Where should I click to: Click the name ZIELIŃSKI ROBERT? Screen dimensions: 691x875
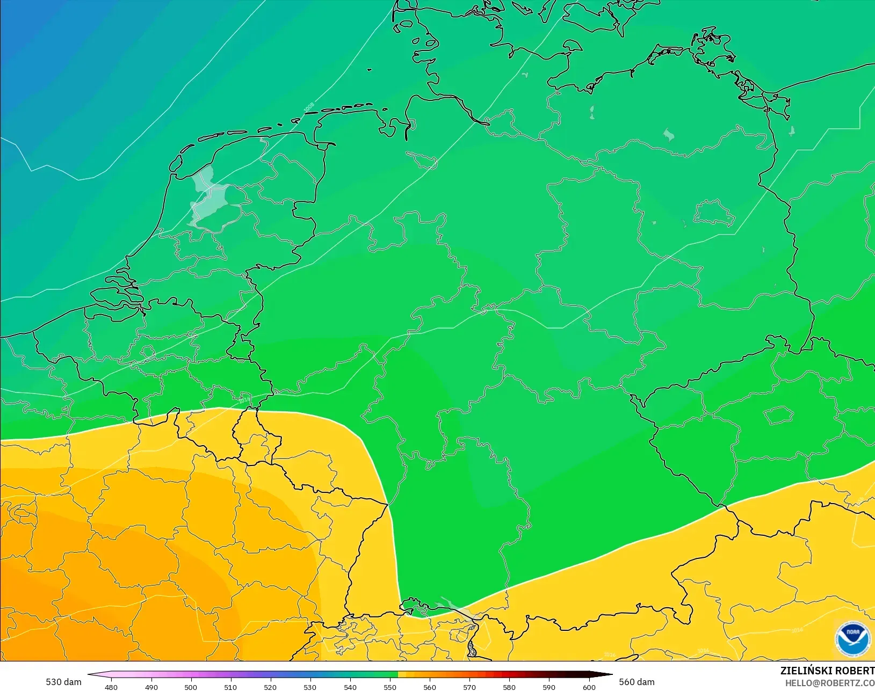point(827,671)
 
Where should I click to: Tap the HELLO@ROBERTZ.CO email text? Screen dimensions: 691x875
point(829,683)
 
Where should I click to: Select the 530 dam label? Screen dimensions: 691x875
point(63,682)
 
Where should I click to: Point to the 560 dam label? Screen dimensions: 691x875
point(637,682)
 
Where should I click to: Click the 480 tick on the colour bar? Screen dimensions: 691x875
point(111,687)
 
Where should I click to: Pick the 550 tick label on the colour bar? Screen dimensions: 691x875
point(390,687)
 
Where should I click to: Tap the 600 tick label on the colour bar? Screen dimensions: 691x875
point(589,687)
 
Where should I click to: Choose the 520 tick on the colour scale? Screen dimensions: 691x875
point(270,687)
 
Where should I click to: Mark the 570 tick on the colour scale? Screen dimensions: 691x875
point(469,687)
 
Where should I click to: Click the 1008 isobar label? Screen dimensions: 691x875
point(309,107)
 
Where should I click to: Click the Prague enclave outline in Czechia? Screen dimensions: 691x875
point(779,415)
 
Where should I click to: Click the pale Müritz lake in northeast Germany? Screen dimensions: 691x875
point(668,134)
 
